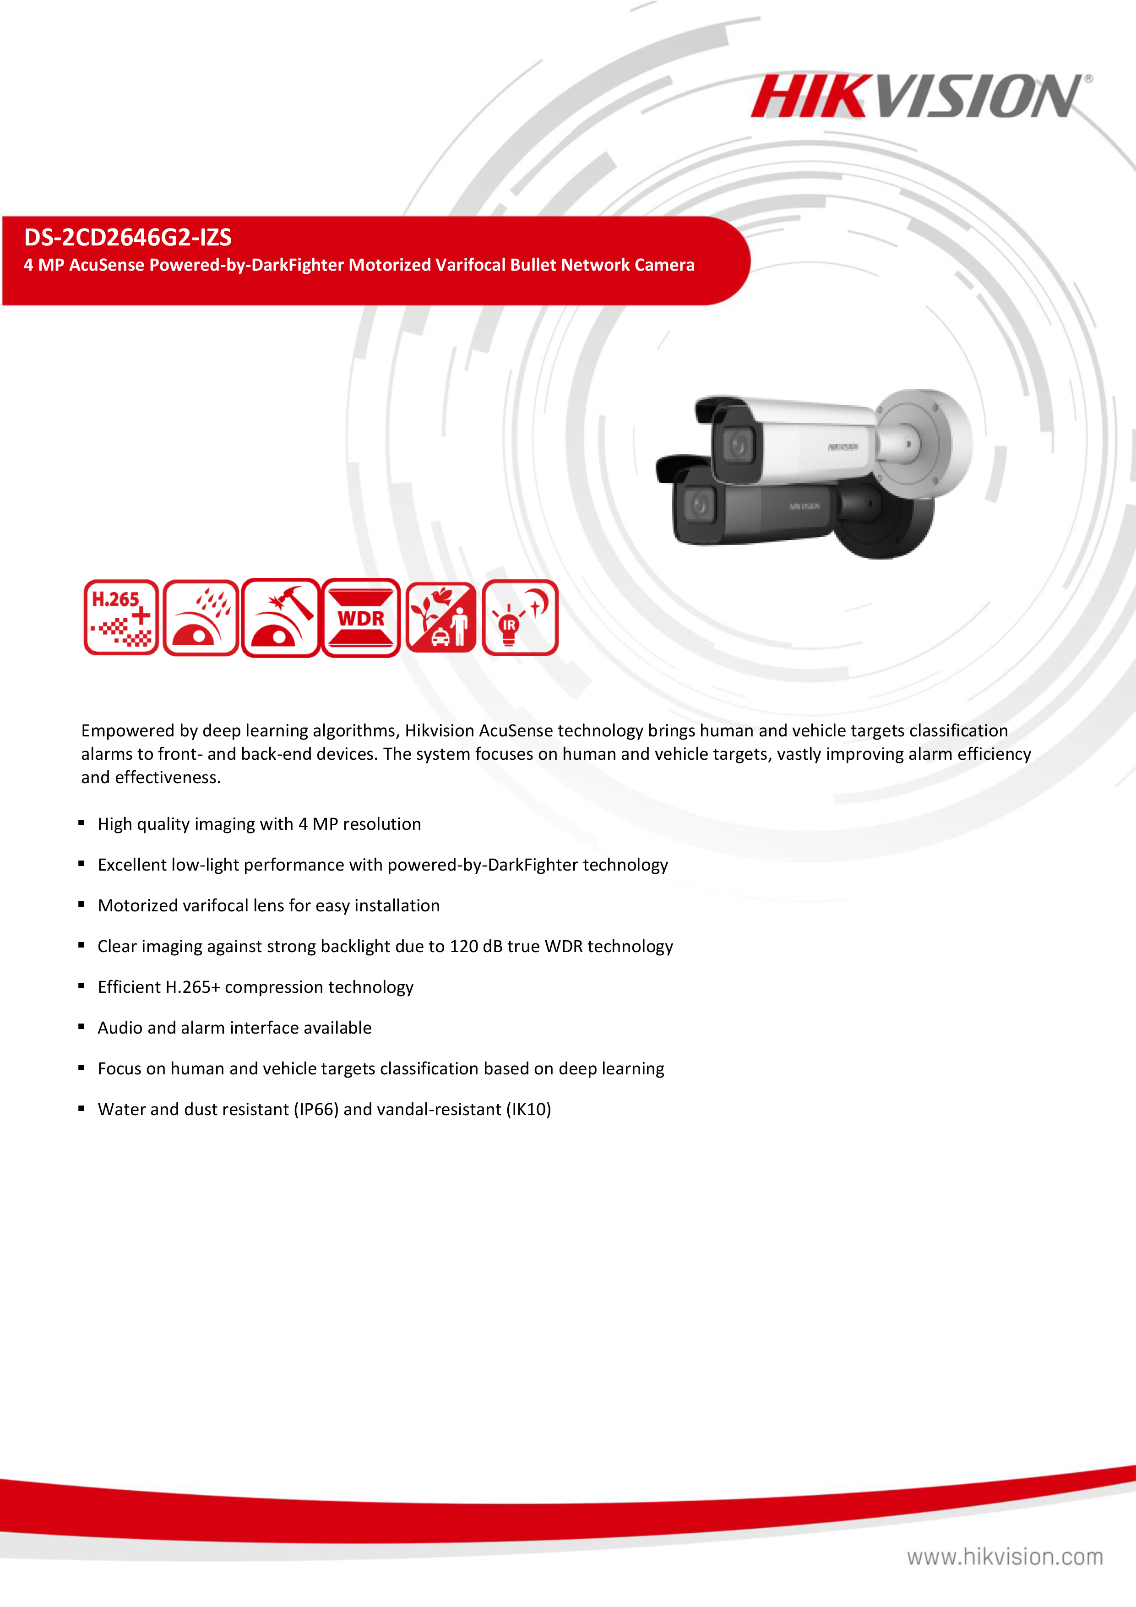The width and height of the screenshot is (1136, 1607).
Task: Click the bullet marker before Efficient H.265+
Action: click(x=81, y=986)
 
